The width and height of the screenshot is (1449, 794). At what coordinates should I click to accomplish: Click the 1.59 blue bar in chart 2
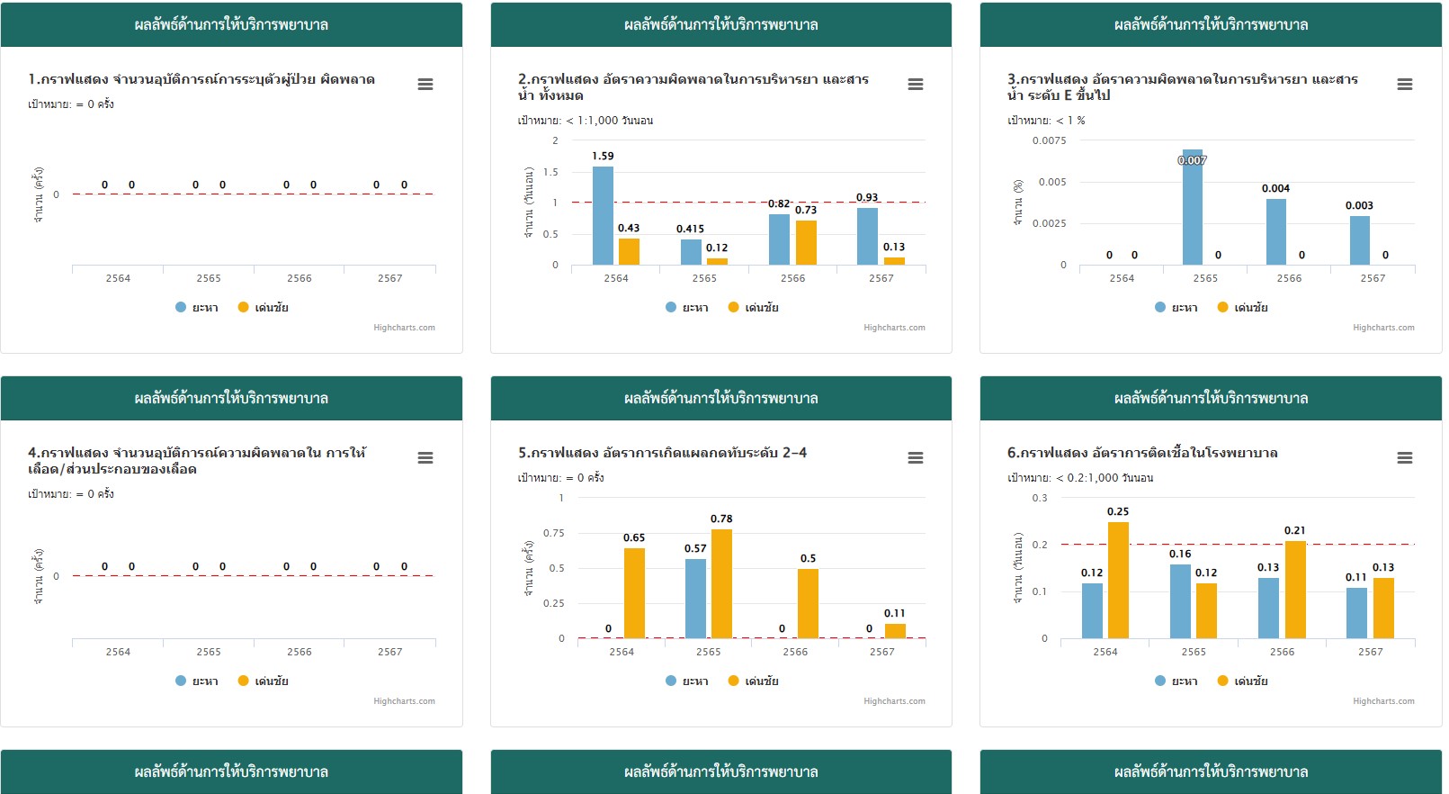point(603,216)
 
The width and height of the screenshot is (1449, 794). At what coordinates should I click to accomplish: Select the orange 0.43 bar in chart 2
point(629,251)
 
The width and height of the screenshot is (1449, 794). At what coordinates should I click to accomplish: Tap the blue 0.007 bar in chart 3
point(1192,208)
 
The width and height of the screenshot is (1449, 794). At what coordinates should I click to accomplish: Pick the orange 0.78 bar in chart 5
point(721,584)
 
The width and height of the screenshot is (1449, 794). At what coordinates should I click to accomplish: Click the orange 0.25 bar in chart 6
point(1118,581)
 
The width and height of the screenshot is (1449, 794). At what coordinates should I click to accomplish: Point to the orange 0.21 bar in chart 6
point(1295,590)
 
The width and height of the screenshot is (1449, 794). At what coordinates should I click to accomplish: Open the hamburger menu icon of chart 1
point(425,85)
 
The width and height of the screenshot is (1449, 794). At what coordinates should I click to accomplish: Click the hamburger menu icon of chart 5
point(916,458)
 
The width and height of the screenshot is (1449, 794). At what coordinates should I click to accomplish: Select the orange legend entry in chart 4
point(264,681)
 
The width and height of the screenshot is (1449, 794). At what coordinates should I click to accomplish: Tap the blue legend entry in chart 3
point(1176,308)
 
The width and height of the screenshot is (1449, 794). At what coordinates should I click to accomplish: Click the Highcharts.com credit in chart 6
point(1383,701)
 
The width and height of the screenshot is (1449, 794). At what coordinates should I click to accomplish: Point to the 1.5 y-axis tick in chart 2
point(550,172)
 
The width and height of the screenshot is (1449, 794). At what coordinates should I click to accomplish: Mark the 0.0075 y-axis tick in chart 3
point(1049,140)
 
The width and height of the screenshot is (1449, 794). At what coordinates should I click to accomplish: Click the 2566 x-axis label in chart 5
point(795,652)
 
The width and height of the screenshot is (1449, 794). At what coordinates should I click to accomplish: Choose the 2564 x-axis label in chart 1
point(118,278)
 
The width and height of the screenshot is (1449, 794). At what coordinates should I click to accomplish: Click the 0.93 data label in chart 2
point(867,197)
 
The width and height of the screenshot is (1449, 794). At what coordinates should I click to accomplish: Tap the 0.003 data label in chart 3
point(1359,205)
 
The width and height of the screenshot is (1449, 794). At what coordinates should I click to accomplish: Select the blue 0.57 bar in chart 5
point(695,599)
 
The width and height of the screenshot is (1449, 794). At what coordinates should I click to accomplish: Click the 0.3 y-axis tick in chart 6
point(1040,498)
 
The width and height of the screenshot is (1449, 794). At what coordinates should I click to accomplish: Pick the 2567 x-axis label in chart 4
point(389,652)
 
